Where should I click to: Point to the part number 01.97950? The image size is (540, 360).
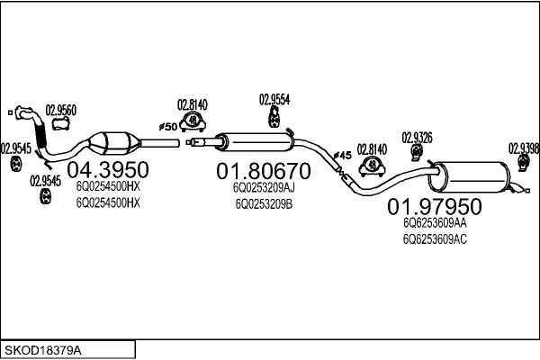(x=434, y=207)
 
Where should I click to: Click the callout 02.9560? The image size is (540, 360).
(x=61, y=111)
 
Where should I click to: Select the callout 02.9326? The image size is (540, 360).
(x=417, y=137)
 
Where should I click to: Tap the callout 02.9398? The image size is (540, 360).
(x=523, y=148)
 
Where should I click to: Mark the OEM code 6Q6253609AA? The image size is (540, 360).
(x=435, y=223)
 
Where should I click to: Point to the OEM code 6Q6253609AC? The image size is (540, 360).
(x=435, y=238)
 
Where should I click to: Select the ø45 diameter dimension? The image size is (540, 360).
(x=342, y=156)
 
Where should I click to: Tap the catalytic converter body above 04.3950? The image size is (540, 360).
(x=115, y=142)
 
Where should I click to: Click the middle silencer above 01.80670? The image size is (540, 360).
(x=256, y=140)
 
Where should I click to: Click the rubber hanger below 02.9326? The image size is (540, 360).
(x=416, y=157)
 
